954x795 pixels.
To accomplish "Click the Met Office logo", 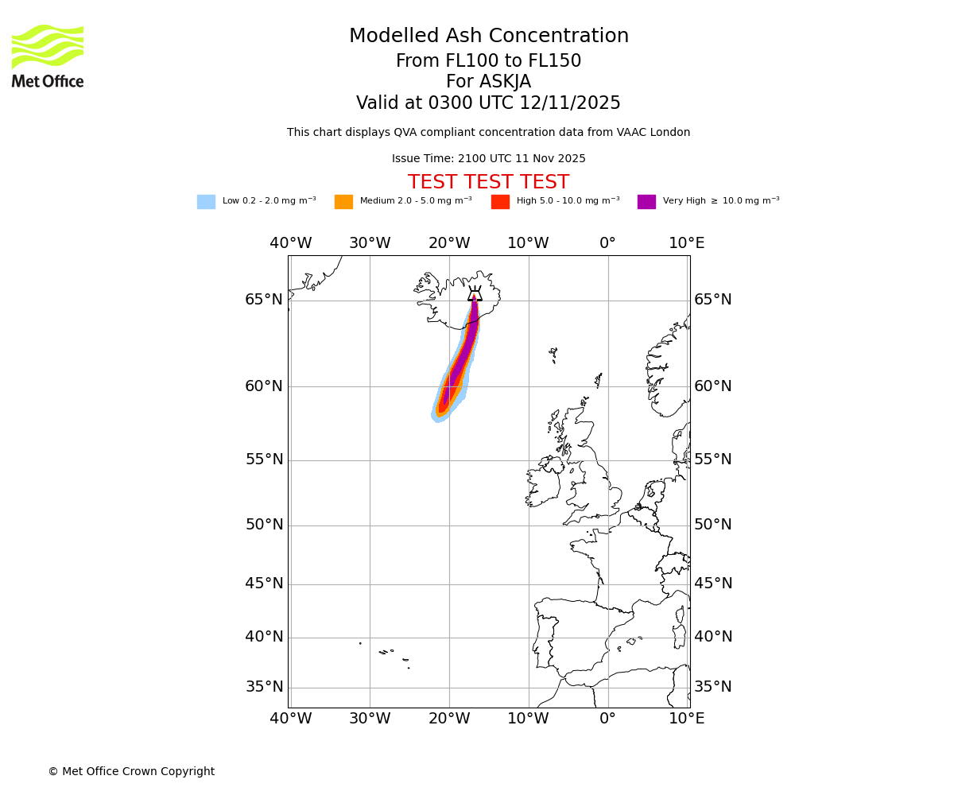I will pos(48,56).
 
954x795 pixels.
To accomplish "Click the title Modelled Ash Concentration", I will pos(488,37).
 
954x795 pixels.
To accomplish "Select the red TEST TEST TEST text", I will pos(488,183).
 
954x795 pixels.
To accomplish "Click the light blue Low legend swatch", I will pos(206,202).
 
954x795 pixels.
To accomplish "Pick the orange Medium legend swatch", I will pos(343,202).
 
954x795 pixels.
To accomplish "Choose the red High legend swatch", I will pos(500,202).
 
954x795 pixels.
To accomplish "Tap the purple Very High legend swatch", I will pos(646,202).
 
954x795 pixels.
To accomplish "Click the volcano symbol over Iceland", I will pos(475,293).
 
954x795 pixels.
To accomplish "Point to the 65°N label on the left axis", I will pos(264,300).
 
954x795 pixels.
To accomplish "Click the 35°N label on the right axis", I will pos(713,687).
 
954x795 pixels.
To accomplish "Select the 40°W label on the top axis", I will pos(290,243).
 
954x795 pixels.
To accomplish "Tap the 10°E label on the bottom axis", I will pos(686,719).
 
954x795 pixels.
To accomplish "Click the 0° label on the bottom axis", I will pos(607,719).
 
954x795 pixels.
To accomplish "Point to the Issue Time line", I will pos(488,159).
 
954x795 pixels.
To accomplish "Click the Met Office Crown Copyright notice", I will pos(131,771).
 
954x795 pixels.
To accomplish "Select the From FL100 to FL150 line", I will pos(488,61).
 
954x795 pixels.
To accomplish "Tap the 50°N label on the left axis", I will pos(264,525).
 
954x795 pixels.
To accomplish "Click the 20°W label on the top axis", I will pos(449,243).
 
